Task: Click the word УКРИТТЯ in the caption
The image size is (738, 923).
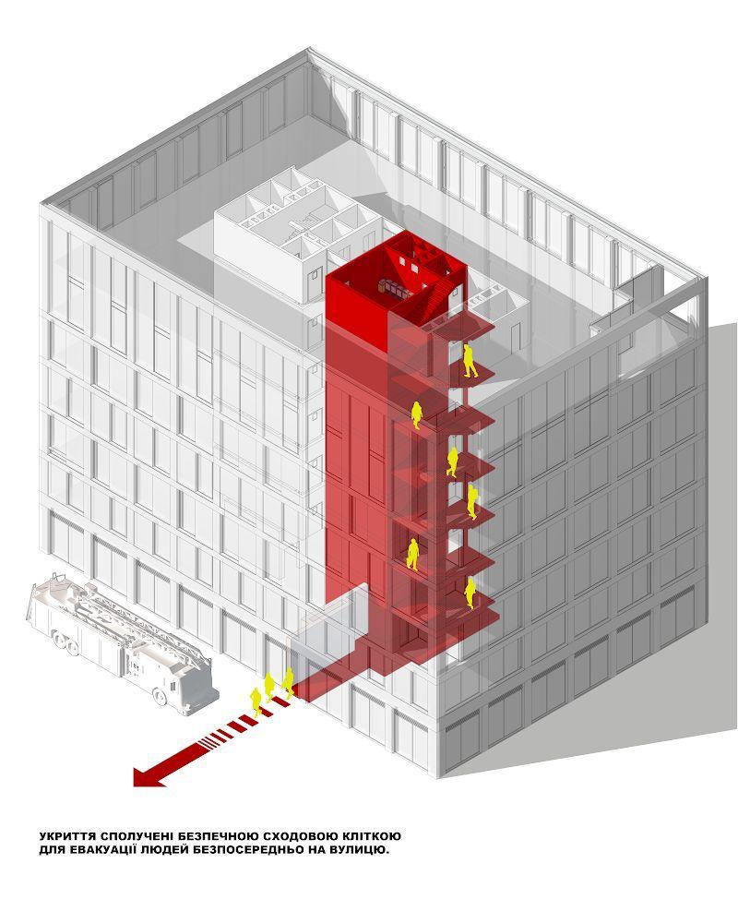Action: (x=66, y=836)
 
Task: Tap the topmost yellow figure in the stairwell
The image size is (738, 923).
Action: (x=469, y=361)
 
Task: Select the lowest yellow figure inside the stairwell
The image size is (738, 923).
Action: (x=470, y=593)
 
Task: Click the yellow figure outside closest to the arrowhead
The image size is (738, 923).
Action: (x=256, y=701)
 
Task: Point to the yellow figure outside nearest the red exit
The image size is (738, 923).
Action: (x=288, y=683)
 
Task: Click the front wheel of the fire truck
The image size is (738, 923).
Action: (x=160, y=698)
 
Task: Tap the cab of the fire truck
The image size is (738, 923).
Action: (x=187, y=683)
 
